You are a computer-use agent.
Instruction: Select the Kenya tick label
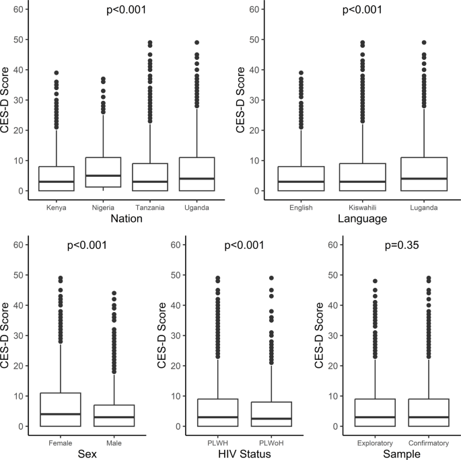point(56,208)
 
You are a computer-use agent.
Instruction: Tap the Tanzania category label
point(150,208)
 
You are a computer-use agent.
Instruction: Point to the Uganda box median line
point(197,178)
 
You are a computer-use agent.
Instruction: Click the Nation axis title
point(127,219)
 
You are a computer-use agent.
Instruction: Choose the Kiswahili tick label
point(362,208)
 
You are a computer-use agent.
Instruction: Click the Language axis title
point(362,219)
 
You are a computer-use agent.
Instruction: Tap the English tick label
point(301,208)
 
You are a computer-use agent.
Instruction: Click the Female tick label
point(61,443)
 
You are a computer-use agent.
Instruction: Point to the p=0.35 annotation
point(402,245)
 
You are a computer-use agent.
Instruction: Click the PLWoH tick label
point(271,443)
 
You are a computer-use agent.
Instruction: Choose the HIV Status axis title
point(244,454)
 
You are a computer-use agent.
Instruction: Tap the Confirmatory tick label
point(429,443)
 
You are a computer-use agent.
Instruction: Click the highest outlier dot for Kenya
point(56,73)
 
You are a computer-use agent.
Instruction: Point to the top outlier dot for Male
point(114,293)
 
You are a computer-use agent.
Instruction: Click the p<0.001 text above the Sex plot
point(87,245)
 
